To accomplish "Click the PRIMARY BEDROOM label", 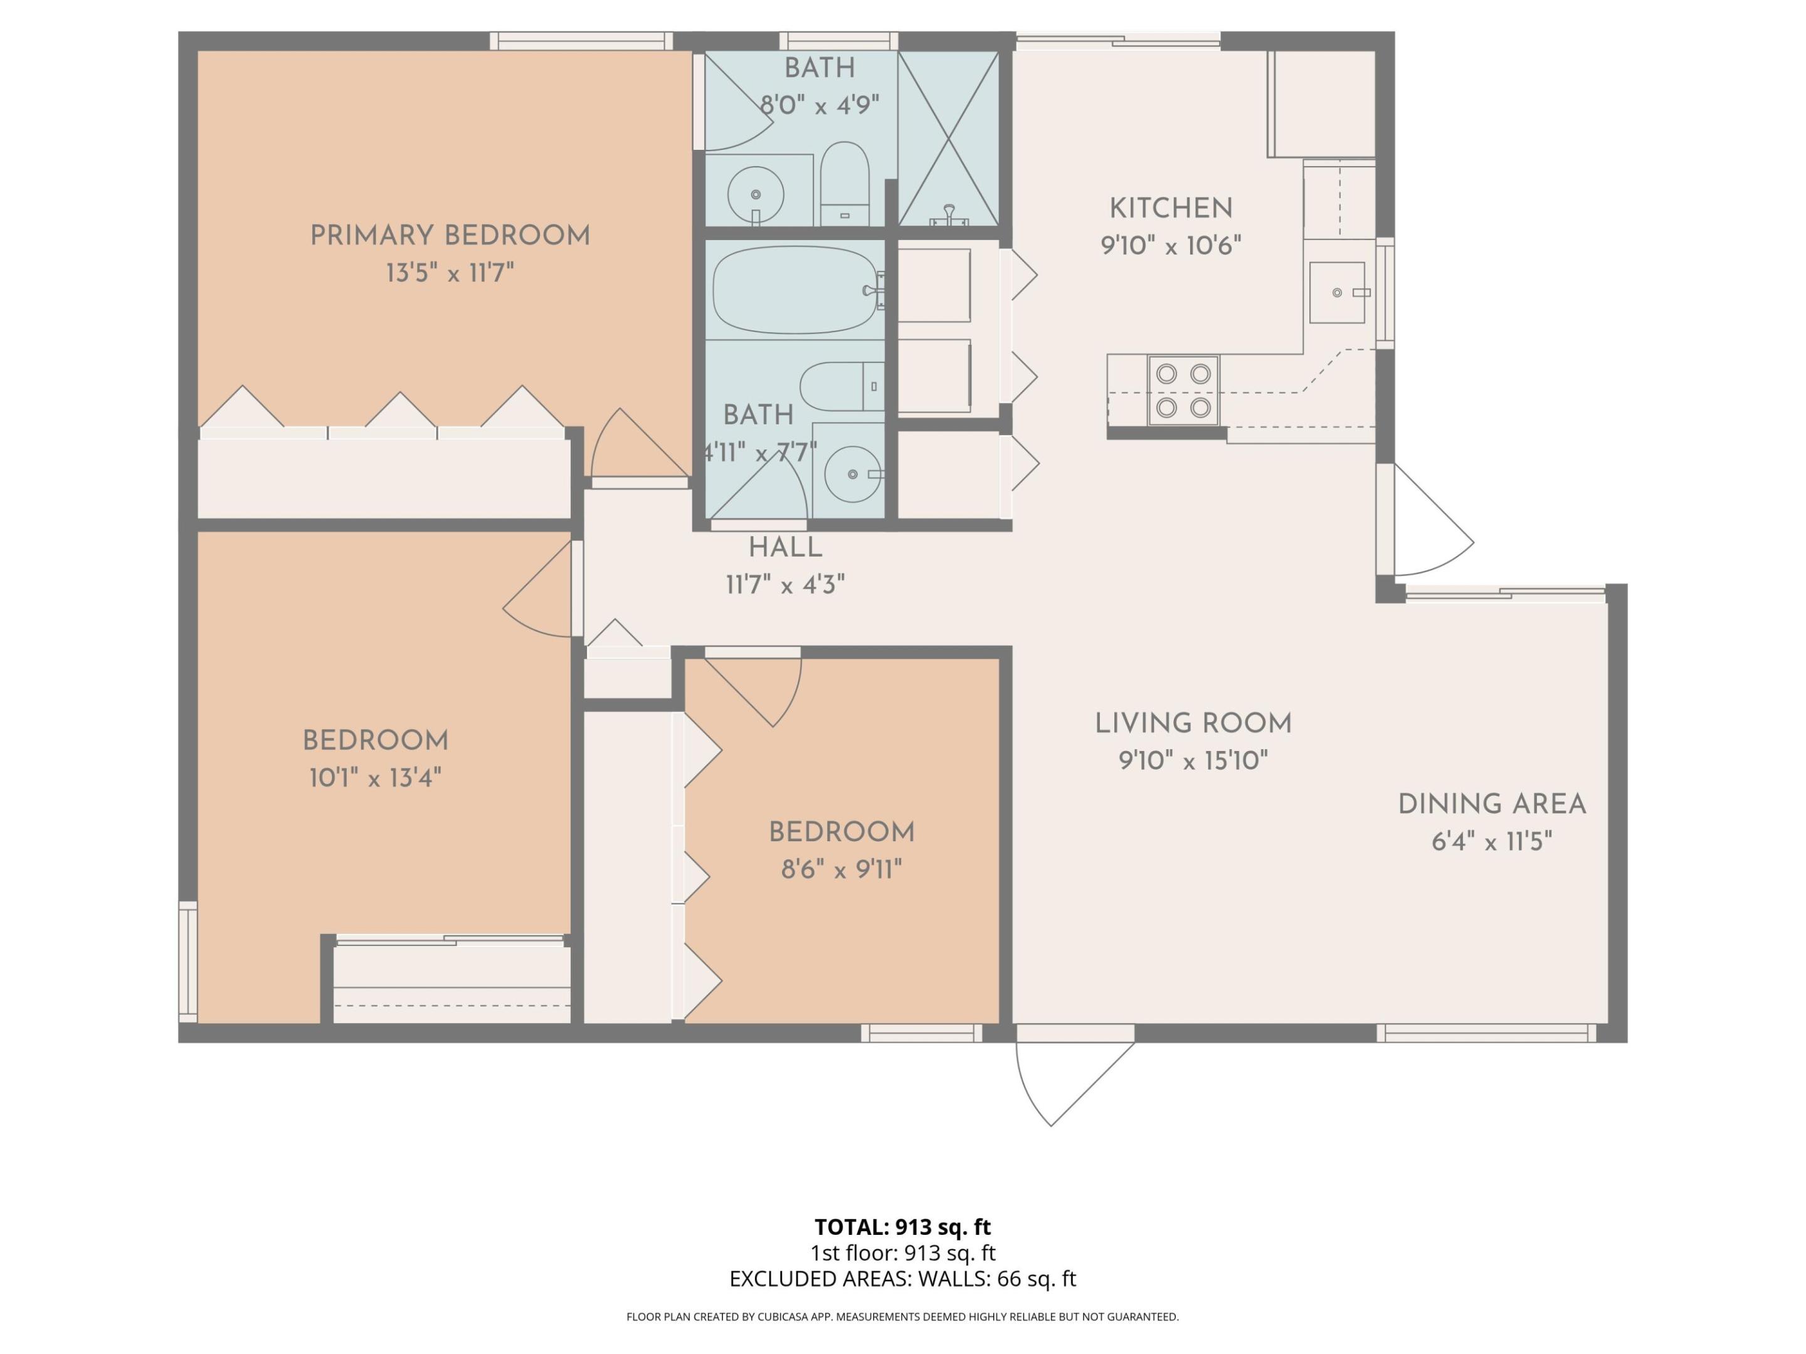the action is (450, 236).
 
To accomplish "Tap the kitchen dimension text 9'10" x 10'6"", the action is (1171, 245).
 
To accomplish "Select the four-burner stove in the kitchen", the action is (1183, 390).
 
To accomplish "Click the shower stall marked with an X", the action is (948, 138).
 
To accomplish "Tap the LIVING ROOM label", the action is (1193, 723).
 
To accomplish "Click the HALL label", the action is (786, 548).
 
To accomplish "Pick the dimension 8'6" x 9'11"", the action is (841, 869).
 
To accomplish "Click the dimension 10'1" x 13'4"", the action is (375, 778).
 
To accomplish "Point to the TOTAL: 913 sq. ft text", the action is (902, 1227).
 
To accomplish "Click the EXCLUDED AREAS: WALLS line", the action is (902, 1278).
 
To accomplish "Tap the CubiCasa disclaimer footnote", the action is (902, 1316).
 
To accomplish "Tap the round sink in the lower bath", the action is (853, 473).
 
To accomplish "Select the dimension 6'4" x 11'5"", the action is (1492, 841).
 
